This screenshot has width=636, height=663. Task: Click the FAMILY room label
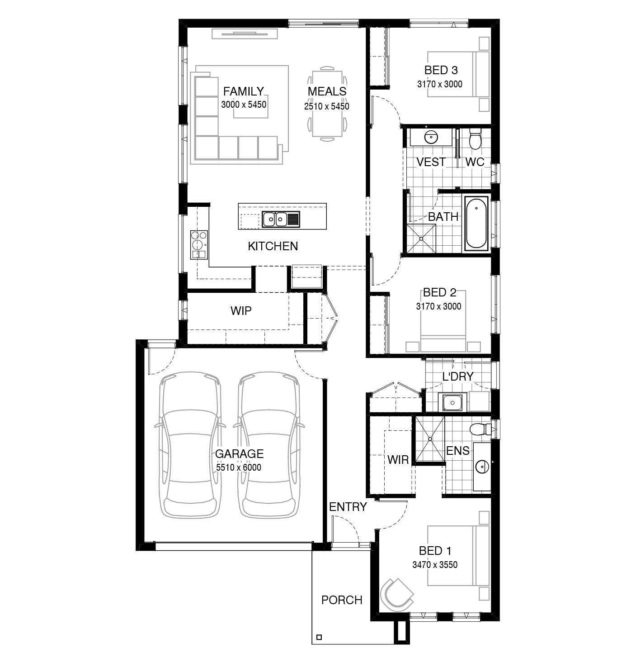coord(243,91)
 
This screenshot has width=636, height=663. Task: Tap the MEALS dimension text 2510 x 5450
coord(327,106)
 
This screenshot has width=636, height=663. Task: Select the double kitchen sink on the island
coord(281,219)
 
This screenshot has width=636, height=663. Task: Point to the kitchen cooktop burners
coord(199,240)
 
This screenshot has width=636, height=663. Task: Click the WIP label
coord(241,311)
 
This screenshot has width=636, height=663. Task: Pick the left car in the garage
coord(190,446)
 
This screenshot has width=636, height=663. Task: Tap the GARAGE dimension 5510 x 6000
coord(239,467)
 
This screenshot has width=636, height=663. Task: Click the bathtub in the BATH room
coord(476,223)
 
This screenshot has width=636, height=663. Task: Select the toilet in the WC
coord(474,138)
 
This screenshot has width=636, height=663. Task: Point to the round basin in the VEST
coord(431,138)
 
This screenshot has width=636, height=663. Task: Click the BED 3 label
coord(441,70)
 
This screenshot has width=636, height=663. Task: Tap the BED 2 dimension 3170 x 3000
coord(438,306)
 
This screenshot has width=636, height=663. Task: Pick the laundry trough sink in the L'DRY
coord(452,402)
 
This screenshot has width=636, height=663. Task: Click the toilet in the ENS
coord(481,429)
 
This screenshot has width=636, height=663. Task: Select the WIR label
coord(398,460)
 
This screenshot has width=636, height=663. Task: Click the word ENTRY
coord(348,506)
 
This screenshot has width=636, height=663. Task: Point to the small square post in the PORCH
coord(319,637)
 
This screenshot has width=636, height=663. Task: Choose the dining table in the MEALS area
coord(327,104)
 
